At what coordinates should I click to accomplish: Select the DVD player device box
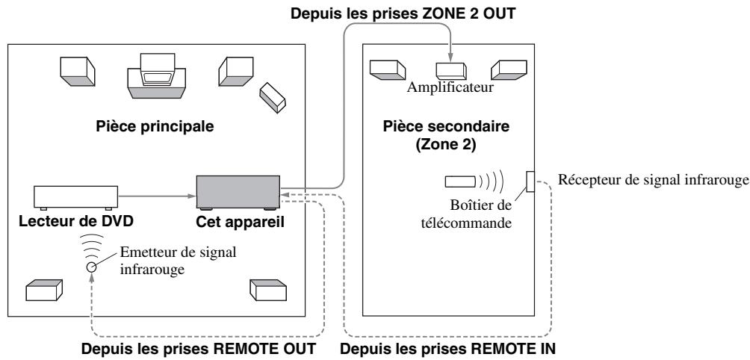click(75, 197)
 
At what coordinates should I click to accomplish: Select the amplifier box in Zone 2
click(451, 69)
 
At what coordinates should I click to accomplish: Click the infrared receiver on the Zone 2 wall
click(530, 181)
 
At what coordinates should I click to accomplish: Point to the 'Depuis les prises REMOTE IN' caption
click(447, 348)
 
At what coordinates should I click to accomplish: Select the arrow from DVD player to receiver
click(156, 197)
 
